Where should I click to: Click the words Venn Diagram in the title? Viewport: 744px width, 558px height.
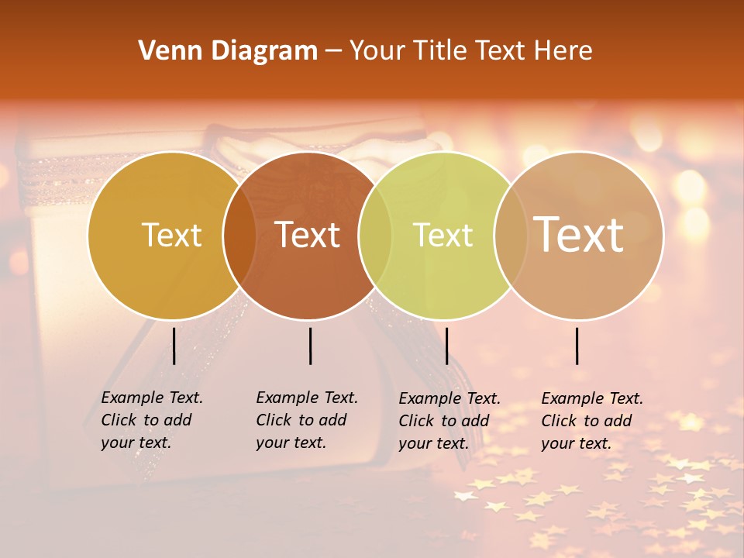(228, 51)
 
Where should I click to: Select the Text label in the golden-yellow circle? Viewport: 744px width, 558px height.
(171, 236)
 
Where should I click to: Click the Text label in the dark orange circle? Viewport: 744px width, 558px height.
(308, 236)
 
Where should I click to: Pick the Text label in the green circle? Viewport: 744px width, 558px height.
(443, 236)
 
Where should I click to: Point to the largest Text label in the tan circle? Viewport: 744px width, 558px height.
(579, 234)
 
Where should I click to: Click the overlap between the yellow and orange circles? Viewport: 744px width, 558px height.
(239, 236)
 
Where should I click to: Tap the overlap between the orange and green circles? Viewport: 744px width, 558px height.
(375, 236)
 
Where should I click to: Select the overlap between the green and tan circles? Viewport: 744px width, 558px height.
(511, 236)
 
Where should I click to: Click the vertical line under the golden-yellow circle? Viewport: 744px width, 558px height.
(174, 346)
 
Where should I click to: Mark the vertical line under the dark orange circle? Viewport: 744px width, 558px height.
(310, 346)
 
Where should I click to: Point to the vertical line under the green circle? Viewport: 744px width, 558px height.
(446, 346)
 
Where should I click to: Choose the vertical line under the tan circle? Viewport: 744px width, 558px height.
(577, 346)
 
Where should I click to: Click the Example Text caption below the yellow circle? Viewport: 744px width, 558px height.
(152, 420)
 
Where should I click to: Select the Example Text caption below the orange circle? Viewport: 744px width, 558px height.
(307, 420)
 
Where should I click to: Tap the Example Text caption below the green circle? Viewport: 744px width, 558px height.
(449, 421)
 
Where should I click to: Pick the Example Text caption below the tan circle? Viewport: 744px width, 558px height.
(592, 421)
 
